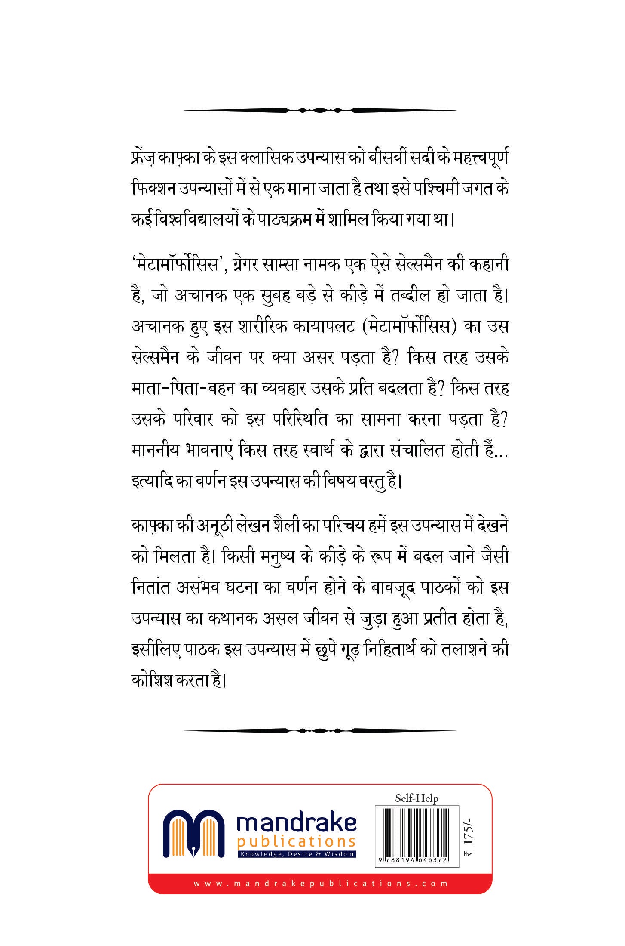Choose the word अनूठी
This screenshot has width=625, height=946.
[x=210, y=526]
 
